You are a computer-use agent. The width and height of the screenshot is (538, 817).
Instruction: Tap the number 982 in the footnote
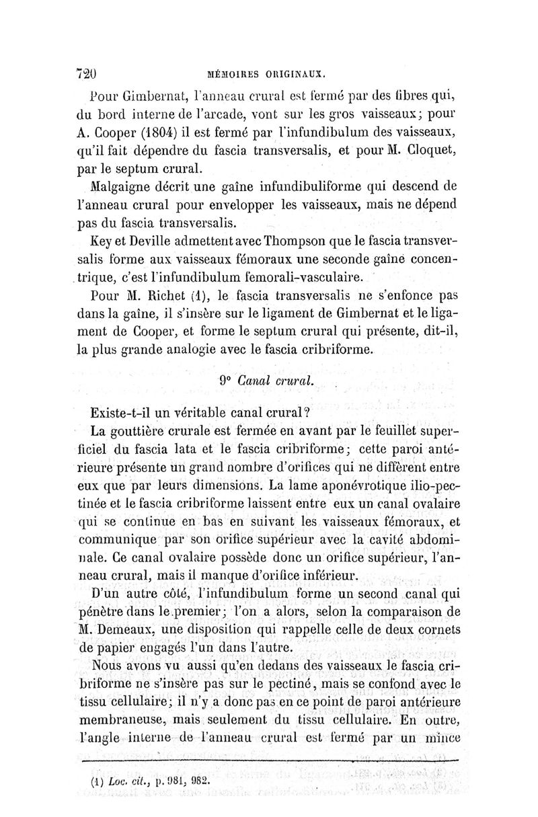click(x=199, y=781)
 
